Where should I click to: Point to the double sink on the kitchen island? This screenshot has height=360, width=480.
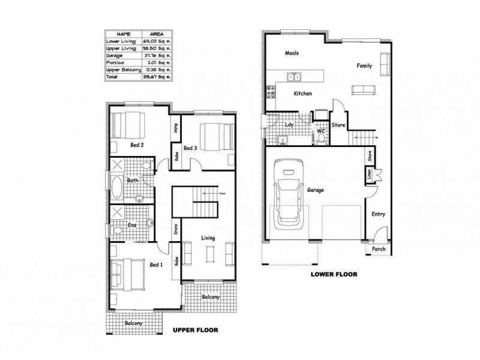294,76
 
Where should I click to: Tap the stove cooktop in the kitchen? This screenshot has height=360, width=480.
270,92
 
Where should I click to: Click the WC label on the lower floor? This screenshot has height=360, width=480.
321,130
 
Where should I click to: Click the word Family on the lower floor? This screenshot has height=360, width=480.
364,65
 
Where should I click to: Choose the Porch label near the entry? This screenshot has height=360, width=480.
379,249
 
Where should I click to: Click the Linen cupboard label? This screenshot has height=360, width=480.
368,175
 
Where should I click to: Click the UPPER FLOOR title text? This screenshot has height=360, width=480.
194,330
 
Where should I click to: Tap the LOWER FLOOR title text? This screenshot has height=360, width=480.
334,274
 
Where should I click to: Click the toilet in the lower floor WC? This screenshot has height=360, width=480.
322,138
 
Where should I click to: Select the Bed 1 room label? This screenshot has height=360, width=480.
155,264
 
